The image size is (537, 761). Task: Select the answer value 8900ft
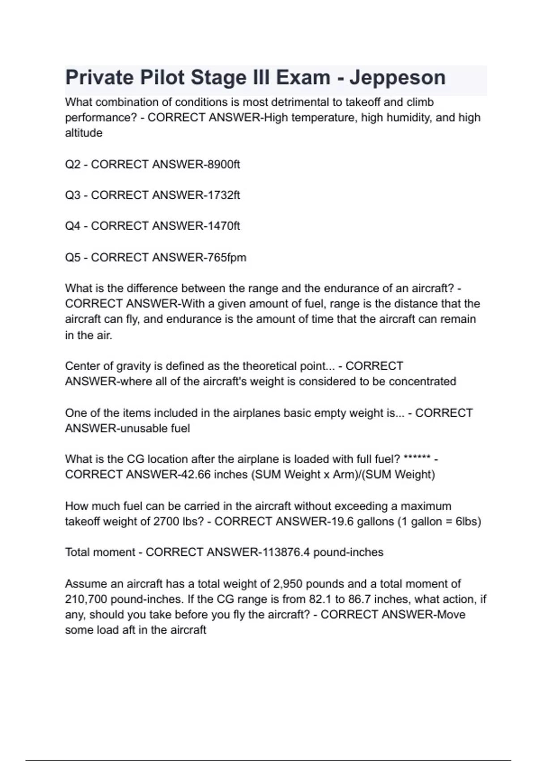pyautogui.click(x=222, y=165)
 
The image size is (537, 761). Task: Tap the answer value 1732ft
pyautogui.click(x=222, y=196)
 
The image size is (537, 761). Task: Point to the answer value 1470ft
pyautogui.click(x=222, y=226)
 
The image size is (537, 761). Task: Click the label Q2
pyautogui.click(x=72, y=165)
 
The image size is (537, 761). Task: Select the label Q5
pyautogui.click(x=72, y=258)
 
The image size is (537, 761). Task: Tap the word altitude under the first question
pyautogui.click(x=84, y=133)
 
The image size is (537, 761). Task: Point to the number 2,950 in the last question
pyautogui.click(x=290, y=584)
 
